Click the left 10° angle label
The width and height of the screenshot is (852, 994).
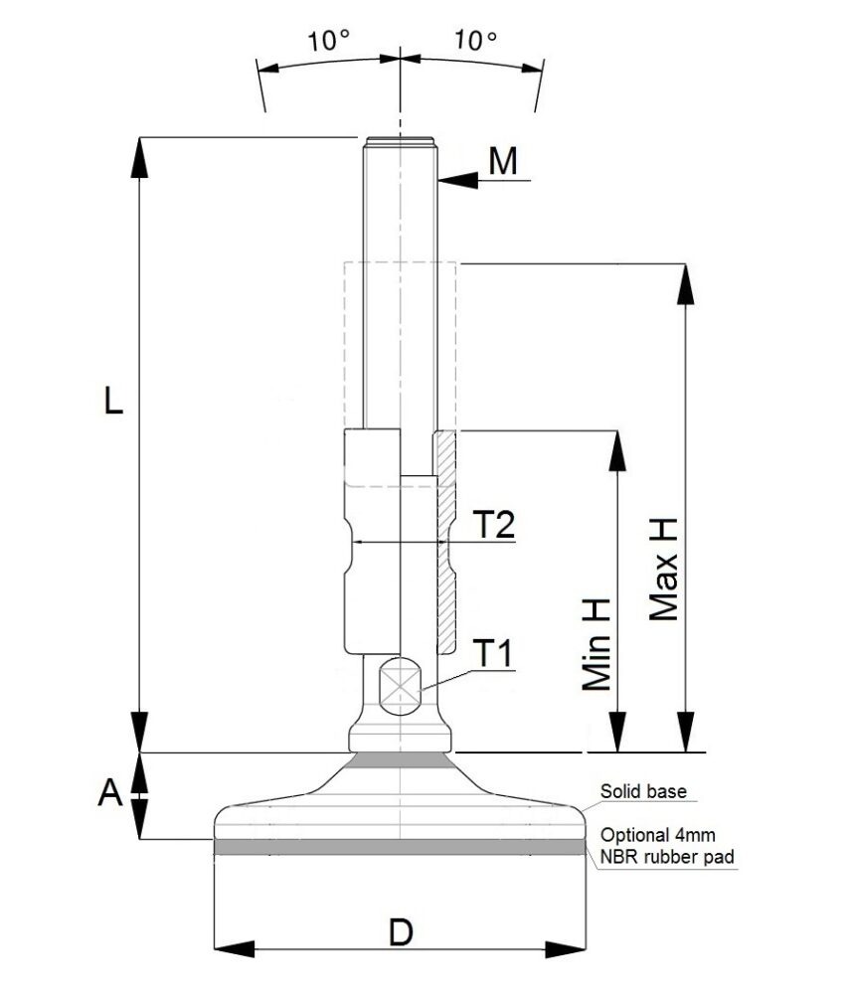(329, 41)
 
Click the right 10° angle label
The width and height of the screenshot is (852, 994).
(475, 41)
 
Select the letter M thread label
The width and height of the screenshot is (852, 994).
(504, 160)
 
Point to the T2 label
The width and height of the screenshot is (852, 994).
(493, 524)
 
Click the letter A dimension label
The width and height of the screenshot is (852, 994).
(111, 793)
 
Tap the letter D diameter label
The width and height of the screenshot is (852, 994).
(401, 932)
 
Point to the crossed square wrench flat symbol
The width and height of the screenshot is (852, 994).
(401, 687)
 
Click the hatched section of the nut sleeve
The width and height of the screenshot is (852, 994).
(444, 537)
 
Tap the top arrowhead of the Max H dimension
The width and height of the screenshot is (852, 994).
(684, 283)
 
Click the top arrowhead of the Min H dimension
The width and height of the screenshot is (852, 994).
(618, 451)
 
